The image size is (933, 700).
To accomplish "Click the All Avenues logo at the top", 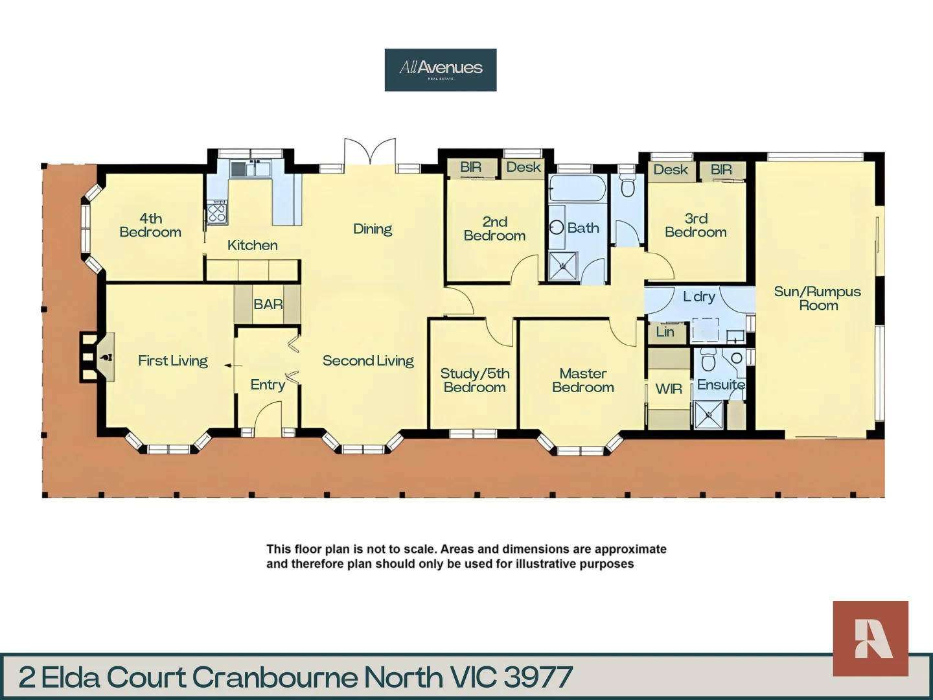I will [x=441, y=69].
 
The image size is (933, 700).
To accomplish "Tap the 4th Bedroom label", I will [x=150, y=226].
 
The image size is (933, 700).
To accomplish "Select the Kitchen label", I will [x=252, y=245].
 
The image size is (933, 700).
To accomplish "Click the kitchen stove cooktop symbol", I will [x=216, y=213].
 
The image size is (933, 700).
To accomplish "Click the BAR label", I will [x=268, y=304].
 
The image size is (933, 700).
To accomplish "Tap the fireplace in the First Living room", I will [x=97, y=357].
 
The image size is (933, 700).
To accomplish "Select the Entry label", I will [x=268, y=384].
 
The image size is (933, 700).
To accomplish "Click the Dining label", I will [x=373, y=229].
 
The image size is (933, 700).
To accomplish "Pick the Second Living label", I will [x=368, y=360].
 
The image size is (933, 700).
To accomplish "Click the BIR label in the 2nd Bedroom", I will [x=471, y=167].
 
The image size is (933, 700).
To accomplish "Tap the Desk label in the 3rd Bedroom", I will [x=670, y=170].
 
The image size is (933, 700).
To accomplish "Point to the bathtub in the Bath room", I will [x=577, y=189].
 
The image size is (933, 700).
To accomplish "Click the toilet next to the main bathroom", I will [x=627, y=187].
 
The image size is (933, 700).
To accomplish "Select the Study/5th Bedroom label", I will [x=474, y=380].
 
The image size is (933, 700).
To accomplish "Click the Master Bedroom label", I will [x=582, y=380].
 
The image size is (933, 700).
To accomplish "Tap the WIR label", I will [x=668, y=389].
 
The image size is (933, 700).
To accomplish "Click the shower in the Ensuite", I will [x=708, y=415].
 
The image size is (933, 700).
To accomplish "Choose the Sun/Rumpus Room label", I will [x=817, y=298].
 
